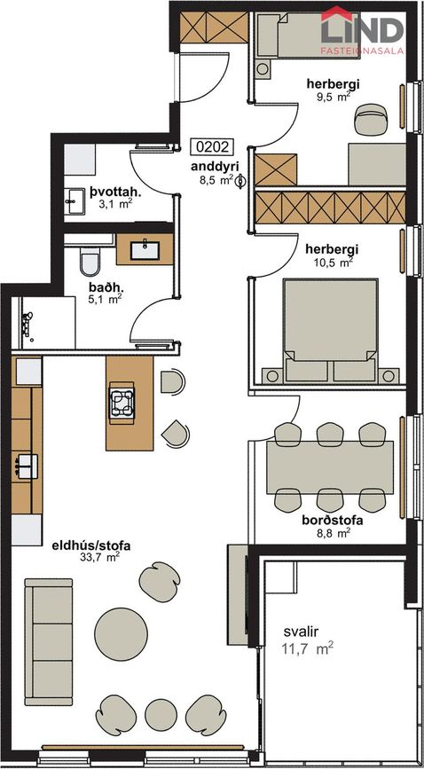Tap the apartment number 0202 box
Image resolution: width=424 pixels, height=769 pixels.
[x=212, y=148]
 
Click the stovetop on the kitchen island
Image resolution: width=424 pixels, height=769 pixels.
[x=122, y=403]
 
